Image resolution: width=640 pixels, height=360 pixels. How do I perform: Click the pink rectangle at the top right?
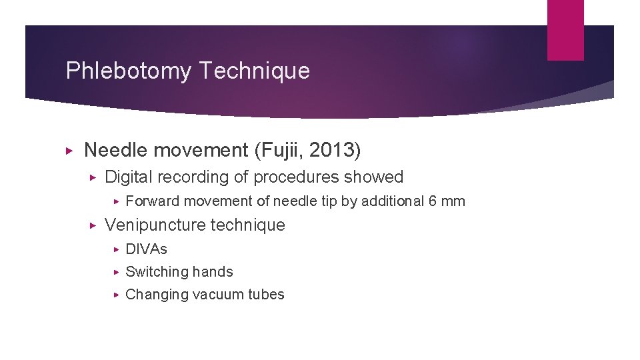[x=565, y=29]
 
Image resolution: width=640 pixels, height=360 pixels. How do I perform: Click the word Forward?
[x=152, y=201]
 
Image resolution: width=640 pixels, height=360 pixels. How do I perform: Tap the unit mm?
[x=453, y=201]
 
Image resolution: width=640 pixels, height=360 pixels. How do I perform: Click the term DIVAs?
[x=146, y=249]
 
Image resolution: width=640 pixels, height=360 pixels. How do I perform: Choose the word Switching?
[x=157, y=272]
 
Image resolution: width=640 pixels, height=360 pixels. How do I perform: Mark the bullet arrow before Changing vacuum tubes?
[x=115, y=295]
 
